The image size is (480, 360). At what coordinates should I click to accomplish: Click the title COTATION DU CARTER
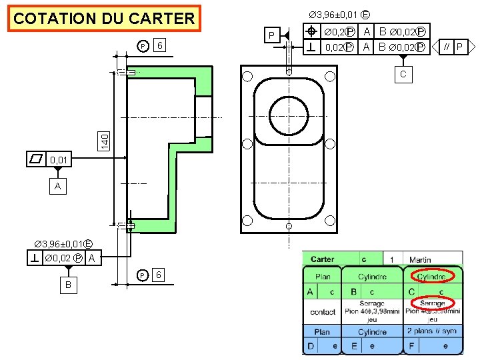pos(104,19)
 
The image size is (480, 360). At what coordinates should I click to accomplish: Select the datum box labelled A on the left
pos(58,187)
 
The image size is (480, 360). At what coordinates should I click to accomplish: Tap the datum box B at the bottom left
pos(67,285)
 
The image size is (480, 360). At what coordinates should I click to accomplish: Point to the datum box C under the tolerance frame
pos(403,74)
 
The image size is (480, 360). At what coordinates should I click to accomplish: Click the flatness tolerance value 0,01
pos(59,160)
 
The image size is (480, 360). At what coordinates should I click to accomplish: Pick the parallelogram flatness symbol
pos(37,159)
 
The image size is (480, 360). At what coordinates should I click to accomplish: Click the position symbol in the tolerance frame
pos(311,32)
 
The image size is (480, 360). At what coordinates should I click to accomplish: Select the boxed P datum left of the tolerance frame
pos(271,35)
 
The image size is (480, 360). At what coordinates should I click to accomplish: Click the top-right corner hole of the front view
pos(331,76)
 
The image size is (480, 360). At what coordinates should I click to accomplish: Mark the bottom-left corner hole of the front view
pos(247,221)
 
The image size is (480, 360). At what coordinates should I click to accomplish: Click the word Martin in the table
pos(420,259)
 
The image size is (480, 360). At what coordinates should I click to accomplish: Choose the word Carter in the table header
pos(323,259)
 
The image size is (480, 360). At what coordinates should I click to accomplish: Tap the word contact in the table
pos(323,312)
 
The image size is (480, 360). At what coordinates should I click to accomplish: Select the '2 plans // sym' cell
pos(432,331)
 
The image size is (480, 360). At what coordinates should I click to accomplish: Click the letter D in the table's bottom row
pos(311,346)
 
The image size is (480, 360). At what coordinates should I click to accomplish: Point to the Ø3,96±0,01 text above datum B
pos(63,243)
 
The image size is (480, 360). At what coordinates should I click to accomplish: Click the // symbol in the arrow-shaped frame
pos(447,47)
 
